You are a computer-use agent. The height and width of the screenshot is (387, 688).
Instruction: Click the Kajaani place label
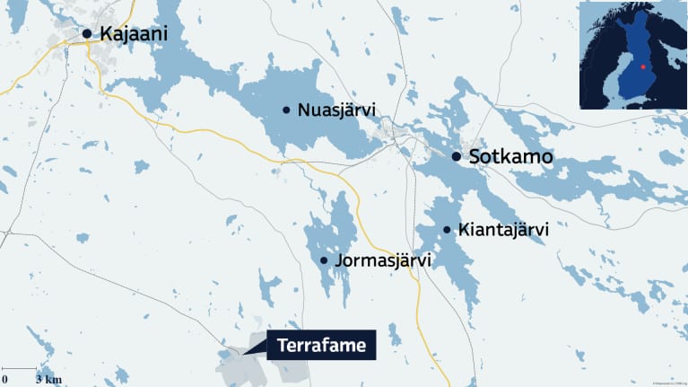[x=134, y=34]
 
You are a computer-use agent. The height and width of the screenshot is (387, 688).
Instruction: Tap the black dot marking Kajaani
[x=87, y=34]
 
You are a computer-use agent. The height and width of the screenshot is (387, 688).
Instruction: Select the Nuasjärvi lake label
[x=335, y=110]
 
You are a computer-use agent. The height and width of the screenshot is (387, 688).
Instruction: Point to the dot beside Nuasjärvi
[x=286, y=110]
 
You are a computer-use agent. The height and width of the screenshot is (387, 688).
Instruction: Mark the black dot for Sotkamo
[x=457, y=157]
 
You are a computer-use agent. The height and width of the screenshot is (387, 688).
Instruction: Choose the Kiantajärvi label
[x=502, y=231]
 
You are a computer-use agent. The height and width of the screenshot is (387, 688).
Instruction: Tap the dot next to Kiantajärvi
[x=447, y=231]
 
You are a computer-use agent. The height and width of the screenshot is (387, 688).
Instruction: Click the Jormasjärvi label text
[x=382, y=261]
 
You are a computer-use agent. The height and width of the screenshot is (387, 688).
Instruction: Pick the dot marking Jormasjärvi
[x=324, y=261]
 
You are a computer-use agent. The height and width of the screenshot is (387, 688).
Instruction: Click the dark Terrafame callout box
[x=321, y=345]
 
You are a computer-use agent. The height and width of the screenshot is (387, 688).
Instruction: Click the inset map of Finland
[x=633, y=55]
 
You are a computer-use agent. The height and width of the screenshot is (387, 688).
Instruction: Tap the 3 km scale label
[x=49, y=380]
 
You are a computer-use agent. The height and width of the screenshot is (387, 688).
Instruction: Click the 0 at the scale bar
[x=4, y=380]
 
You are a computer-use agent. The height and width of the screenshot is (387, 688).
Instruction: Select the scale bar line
[x=20, y=369]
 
